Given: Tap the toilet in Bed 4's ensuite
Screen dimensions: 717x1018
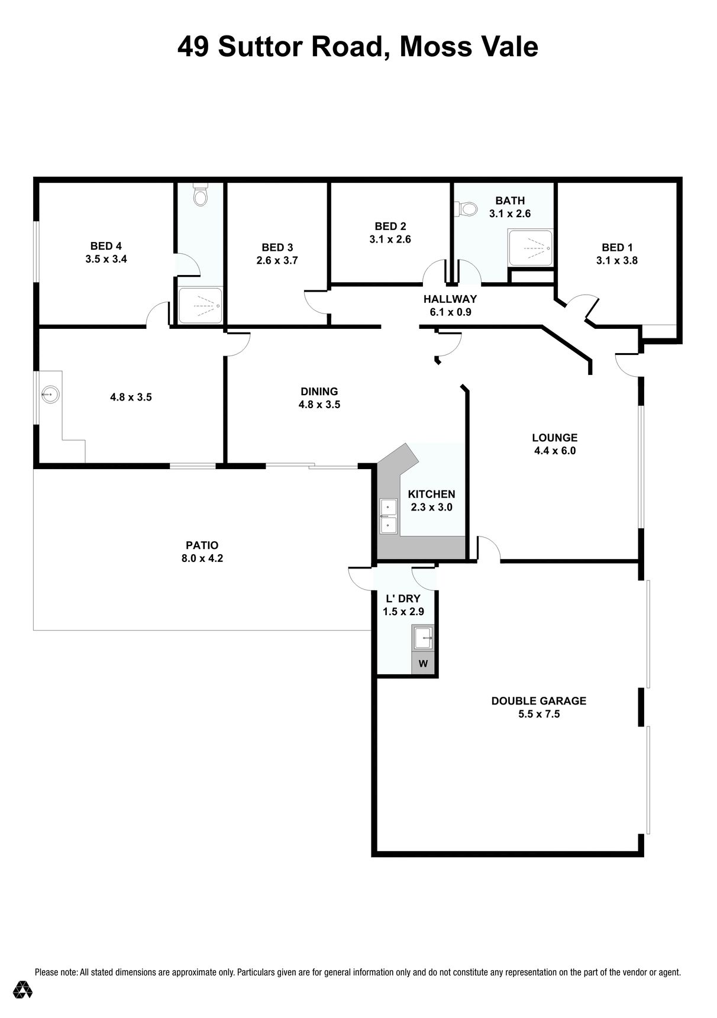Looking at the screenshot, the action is [201, 195].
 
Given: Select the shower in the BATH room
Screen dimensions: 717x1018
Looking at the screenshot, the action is [531, 248].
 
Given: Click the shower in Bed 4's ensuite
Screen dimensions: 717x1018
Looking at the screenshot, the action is [201, 306].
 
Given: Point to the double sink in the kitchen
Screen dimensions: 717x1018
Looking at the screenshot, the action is [389, 516].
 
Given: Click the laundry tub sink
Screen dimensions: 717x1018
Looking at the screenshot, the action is [423, 638].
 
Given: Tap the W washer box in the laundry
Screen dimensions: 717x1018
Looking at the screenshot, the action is [423, 663].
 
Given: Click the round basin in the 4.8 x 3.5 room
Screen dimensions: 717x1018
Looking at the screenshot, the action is [50, 393].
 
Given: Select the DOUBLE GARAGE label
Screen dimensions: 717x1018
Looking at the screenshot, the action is [539, 701].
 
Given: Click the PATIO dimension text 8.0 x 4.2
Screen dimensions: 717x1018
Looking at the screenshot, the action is [202, 558].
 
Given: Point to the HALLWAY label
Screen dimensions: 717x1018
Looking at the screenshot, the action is [450, 299].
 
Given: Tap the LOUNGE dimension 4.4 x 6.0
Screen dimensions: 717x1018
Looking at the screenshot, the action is [555, 451].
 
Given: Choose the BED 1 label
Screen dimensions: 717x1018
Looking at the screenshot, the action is [617, 247].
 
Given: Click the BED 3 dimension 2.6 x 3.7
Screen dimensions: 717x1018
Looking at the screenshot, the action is [277, 260].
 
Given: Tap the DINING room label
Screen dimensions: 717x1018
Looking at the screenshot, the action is [319, 392].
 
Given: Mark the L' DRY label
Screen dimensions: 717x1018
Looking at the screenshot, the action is [403, 599].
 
